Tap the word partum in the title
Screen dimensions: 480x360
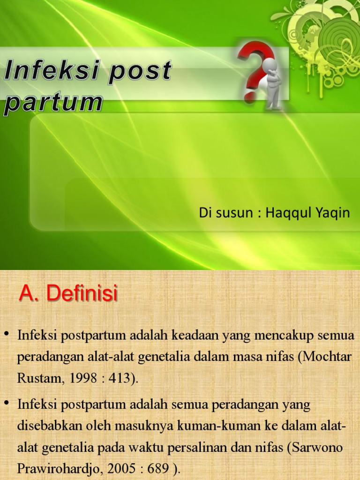52,103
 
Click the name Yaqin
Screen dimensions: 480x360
332,213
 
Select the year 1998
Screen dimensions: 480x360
79,378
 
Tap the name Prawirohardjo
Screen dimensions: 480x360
58,469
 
